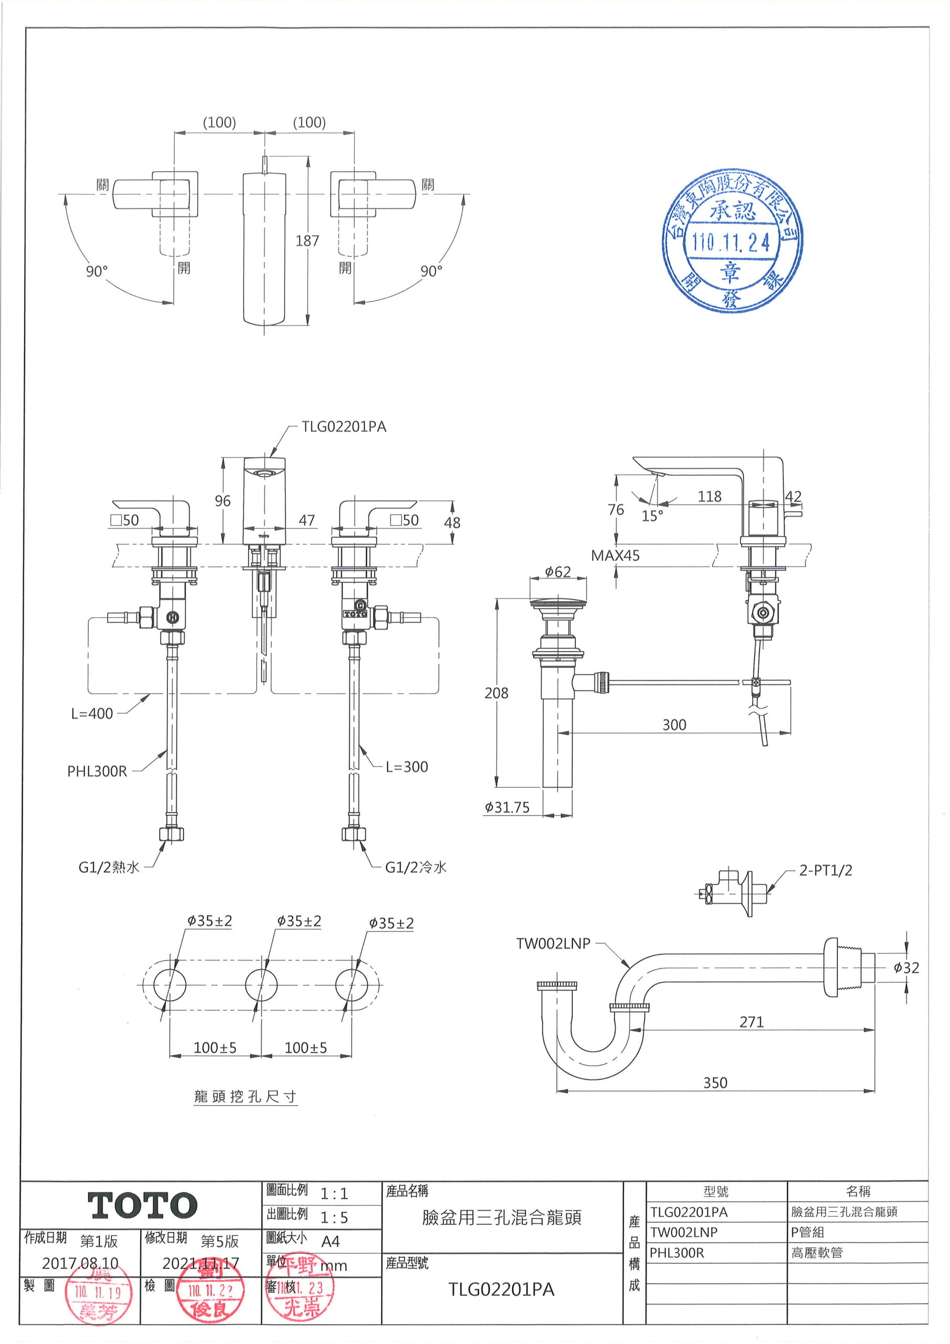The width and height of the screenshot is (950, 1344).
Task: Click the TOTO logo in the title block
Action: [x=142, y=1206]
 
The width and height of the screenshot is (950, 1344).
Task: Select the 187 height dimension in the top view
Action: [x=307, y=240]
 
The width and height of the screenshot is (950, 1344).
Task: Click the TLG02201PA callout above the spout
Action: [x=344, y=427]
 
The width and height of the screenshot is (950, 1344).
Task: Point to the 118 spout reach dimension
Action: [x=710, y=497]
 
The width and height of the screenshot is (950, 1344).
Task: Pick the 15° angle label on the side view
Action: [x=652, y=516]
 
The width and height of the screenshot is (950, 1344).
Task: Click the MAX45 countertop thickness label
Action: [x=615, y=555]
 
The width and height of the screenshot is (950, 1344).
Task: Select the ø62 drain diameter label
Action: [x=557, y=571]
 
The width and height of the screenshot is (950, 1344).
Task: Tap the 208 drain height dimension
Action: [x=497, y=693]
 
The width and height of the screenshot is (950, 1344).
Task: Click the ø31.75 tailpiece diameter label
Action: [x=507, y=808]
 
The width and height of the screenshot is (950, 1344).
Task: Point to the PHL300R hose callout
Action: [x=97, y=771]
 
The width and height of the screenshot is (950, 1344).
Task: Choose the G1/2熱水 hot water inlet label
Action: [x=109, y=867]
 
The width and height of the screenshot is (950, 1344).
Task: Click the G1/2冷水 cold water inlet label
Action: [x=416, y=867]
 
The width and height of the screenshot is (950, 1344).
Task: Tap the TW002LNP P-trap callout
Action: [x=553, y=943]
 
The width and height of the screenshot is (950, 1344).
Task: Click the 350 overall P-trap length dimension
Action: [x=715, y=1083]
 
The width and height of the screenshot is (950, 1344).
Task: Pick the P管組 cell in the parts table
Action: [x=808, y=1232]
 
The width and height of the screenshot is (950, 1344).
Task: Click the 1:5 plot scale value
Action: [x=334, y=1217]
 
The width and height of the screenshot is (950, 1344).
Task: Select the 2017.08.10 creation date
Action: [x=80, y=1263]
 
